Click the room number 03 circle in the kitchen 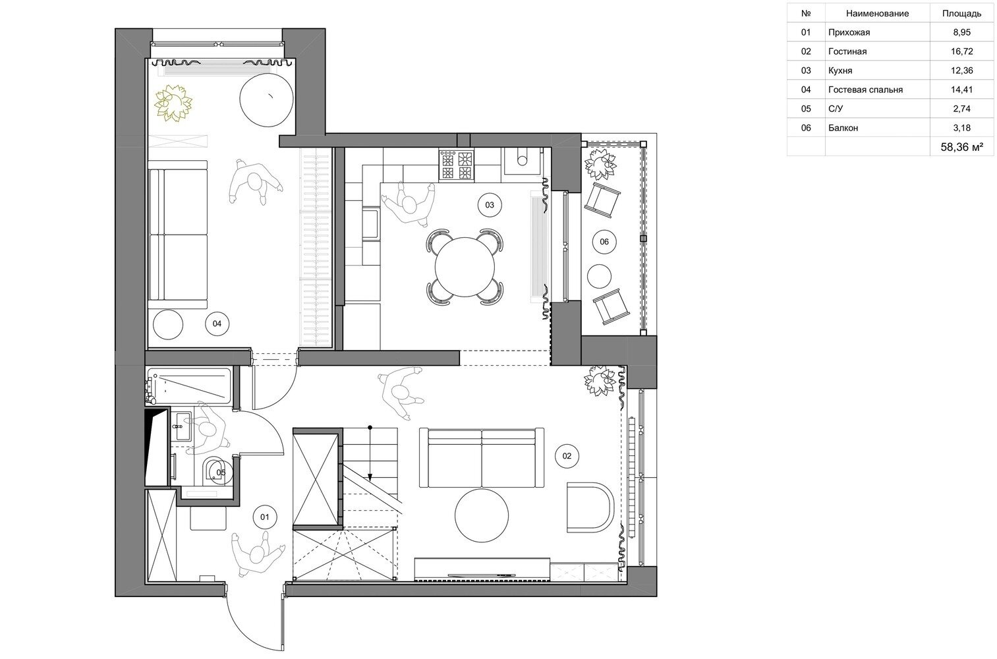coord(489,205)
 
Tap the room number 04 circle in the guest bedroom coord(217,324)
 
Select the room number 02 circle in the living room coord(567,455)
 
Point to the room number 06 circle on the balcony coord(604,242)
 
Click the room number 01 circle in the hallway coord(265,517)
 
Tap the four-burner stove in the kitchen coord(456,165)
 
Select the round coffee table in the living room coord(482,515)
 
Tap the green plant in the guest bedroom coord(173,103)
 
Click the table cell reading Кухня coord(840,71)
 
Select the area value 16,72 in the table coord(962,51)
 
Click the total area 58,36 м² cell coord(962,147)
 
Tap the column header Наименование coord(877,13)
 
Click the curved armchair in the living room coord(590,507)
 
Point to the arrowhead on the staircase coord(370,477)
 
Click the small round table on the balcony coord(599,276)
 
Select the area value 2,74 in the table coord(962,109)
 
